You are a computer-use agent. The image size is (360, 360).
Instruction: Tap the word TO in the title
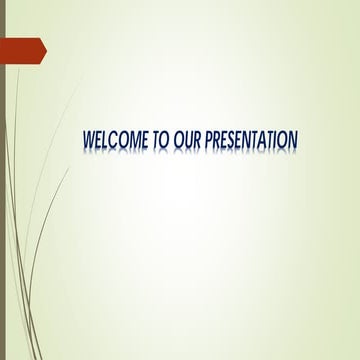161,141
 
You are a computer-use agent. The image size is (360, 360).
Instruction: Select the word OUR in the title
187,141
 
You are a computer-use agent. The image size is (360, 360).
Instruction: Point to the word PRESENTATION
251,141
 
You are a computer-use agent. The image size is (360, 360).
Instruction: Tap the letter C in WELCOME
117,141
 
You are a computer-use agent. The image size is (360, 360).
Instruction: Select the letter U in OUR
187,141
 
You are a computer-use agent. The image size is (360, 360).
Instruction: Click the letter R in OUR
196,141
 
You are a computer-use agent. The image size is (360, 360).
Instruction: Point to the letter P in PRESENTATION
208,141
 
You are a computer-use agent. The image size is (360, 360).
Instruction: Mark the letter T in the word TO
157,141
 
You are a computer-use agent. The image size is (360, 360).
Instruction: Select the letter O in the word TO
165,141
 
